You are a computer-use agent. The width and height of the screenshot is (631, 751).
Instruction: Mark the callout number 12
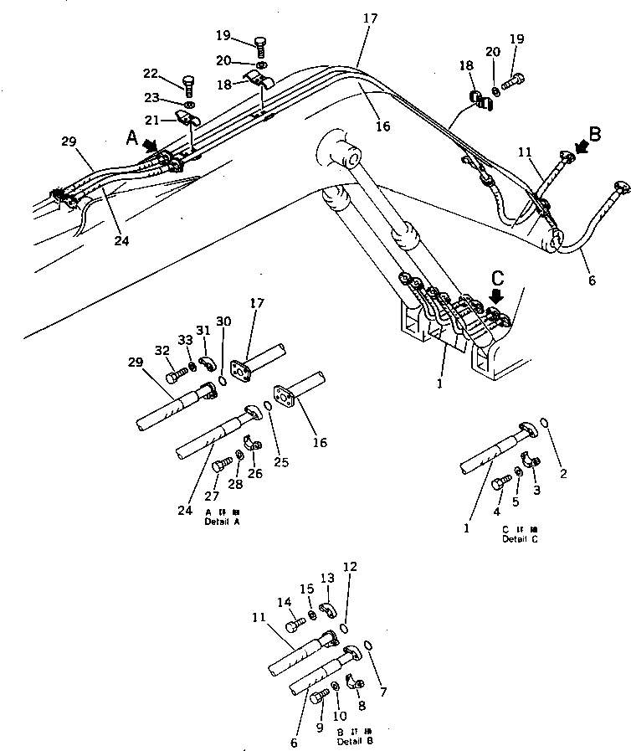tap(351, 567)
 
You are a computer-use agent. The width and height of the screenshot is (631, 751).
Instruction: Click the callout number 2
tap(563, 474)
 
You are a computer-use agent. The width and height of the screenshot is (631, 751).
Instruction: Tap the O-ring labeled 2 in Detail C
tap(546, 424)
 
